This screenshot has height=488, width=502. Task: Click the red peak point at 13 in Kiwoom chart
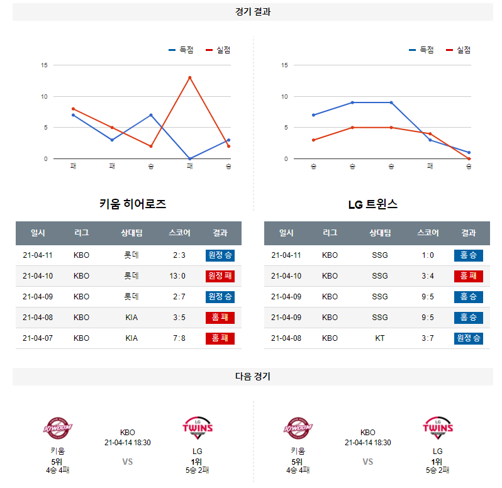(189, 77)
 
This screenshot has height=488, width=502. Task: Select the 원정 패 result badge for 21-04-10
(220, 275)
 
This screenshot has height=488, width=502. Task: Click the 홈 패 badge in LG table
(468, 275)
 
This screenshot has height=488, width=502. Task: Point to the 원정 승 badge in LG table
(468, 338)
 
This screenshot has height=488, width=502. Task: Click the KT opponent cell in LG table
(380, 338)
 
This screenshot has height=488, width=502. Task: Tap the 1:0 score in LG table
(428, 255)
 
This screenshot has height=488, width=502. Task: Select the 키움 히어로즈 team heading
(133, 204)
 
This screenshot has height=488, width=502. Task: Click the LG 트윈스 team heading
(373, 204)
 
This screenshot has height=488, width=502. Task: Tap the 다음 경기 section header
(253, 376)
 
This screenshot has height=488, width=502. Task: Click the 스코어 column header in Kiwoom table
(179, 233)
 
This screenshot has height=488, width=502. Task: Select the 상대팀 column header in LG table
(380, 233)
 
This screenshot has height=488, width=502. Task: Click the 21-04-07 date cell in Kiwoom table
(38, 338)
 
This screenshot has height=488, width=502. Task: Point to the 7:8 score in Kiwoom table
(179, 338)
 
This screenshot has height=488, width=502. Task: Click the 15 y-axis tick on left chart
(44, 65)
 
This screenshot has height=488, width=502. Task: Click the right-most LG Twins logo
(438, 429)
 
